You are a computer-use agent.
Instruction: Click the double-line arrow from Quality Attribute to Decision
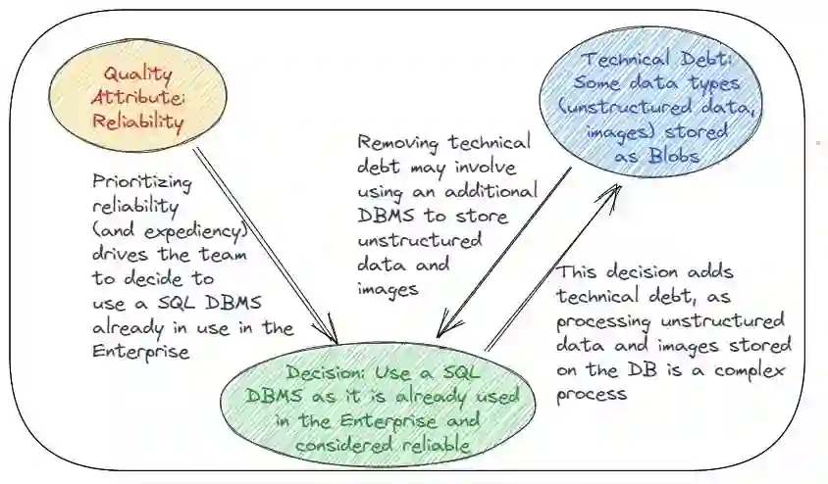tap(265, 245)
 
